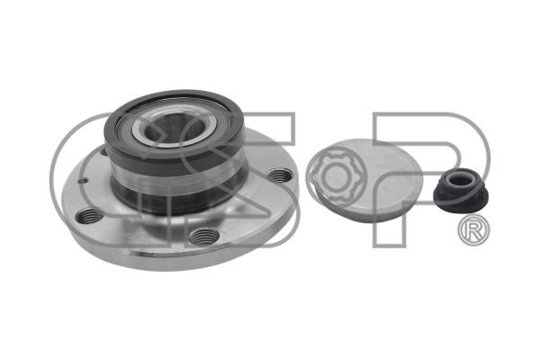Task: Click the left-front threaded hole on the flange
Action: [x=89, y=216]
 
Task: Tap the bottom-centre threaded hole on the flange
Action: [x=204, y=236]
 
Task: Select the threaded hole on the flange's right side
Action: [x=280, y=175]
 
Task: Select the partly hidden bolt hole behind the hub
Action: [x=104, y=151]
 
